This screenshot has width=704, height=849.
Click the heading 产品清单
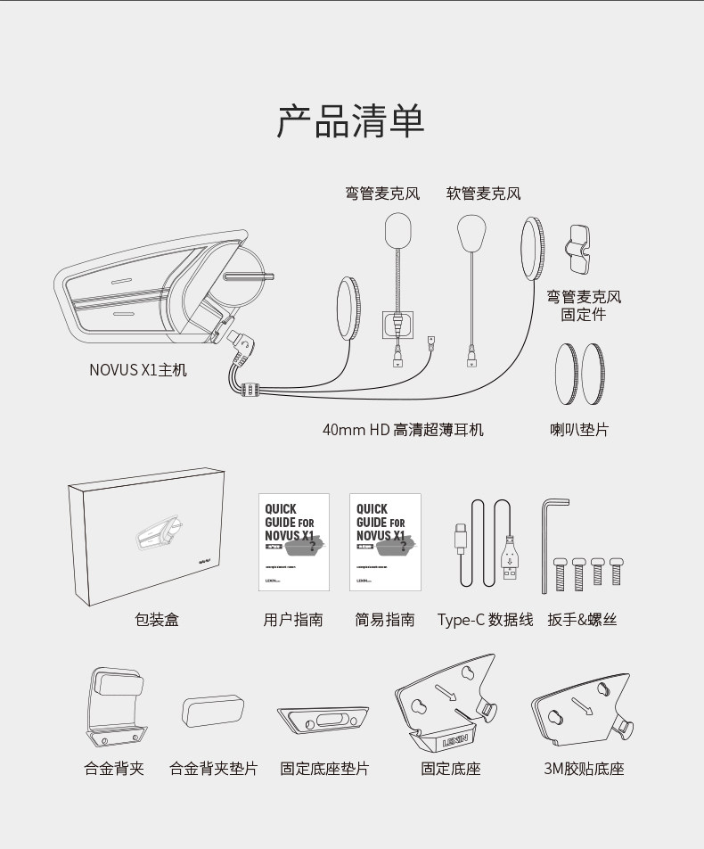[x=350, y=122]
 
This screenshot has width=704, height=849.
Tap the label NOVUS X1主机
[x=138, y=369]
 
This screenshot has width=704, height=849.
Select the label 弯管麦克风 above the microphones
[x=382, y=194]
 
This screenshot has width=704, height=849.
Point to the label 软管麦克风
[x=483, y=194]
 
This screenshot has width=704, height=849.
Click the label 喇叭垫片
[x=579, y=430]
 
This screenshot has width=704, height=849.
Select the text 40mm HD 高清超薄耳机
[x=403, y=430]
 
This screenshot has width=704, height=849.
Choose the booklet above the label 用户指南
[x=293, y=542]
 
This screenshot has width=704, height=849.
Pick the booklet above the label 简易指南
[x=385, y=542]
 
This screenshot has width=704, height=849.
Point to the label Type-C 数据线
[x=485, y=620]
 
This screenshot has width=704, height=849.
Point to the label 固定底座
[x=450, y=769]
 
